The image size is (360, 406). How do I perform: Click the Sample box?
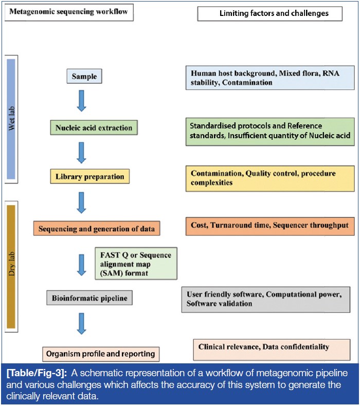pos(84,77)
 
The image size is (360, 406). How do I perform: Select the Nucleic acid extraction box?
pos(95,127)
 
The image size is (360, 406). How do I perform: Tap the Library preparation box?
pos(90,177)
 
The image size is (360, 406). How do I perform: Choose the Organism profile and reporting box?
pos(101,354)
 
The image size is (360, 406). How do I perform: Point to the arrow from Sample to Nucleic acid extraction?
pos(81,101)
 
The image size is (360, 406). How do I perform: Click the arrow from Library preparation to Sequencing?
pos(81,202)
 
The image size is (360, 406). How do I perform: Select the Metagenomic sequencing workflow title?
pos(69,12)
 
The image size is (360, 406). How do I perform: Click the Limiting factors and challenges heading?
pos(269,13)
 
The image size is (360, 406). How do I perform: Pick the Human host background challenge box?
pos(269,78)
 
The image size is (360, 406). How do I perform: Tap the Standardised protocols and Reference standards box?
pos(269,131)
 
